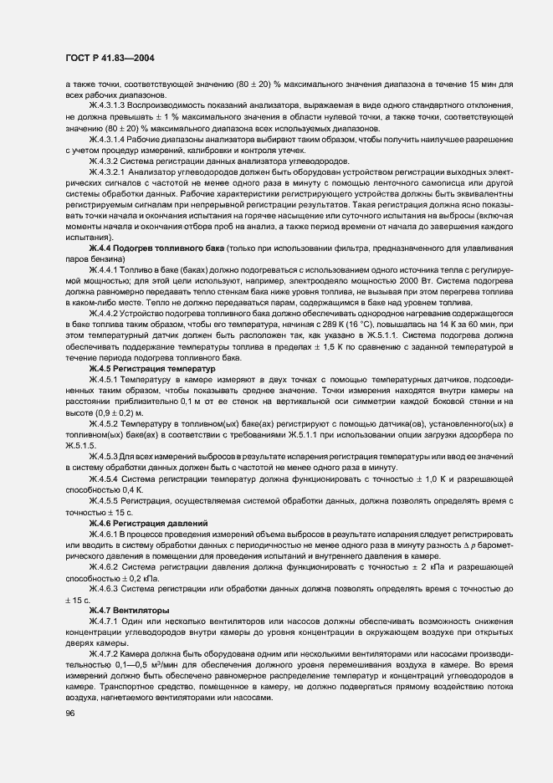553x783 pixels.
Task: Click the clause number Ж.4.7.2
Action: pyautogui.click(x=105, y=652)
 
